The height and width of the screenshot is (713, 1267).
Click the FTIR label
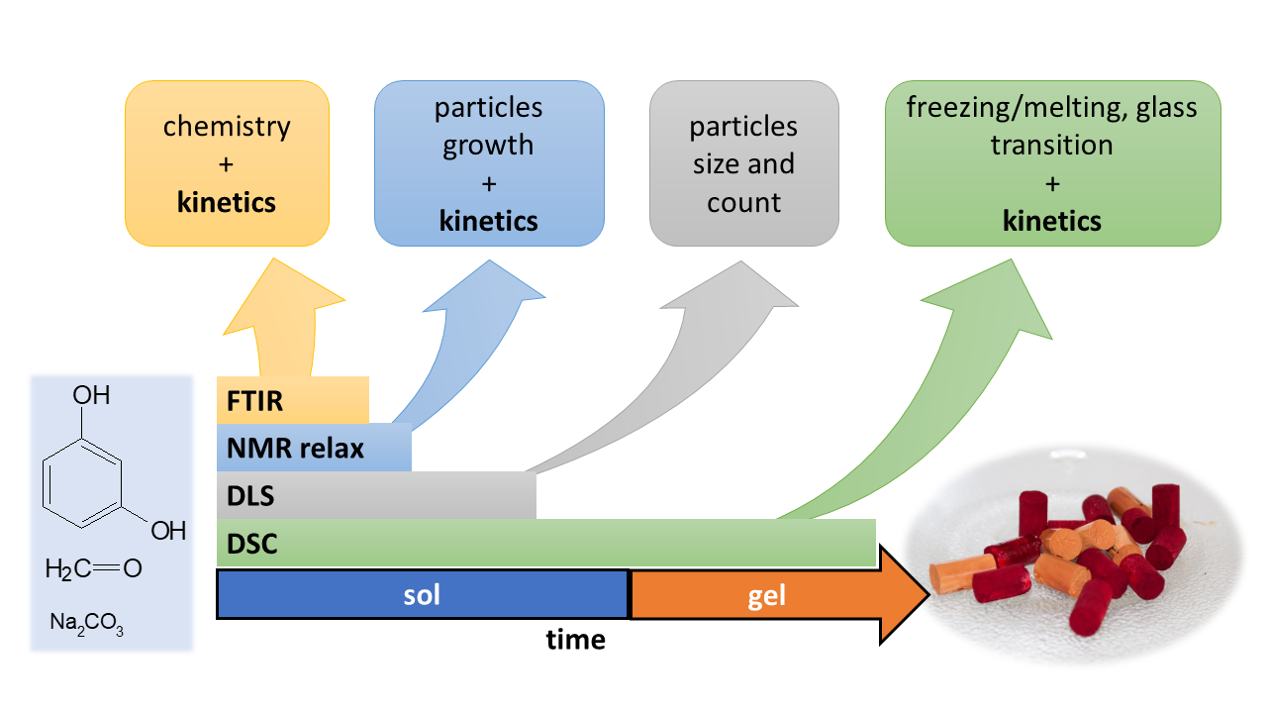tap(255, 401)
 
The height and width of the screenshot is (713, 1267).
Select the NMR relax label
tap(295, 449)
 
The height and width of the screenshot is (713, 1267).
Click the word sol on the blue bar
tap(422, 595)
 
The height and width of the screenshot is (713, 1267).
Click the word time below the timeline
tap(575, 640)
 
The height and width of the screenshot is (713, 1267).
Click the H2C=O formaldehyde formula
tap(93, 568)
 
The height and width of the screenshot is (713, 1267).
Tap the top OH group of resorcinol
tap(92, 396)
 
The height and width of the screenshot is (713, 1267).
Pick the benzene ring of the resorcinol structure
tap(86, 482)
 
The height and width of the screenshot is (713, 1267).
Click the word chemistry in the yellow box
tap(227, 127)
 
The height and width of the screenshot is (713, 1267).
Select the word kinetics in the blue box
tap(488, 220)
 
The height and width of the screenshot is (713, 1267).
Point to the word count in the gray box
tap(743, 203)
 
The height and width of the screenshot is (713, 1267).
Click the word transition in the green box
tap(1052, 146)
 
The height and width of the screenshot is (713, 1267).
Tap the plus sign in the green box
tap(1052, 183)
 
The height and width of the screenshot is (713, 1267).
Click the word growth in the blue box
tap(488, 146)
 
